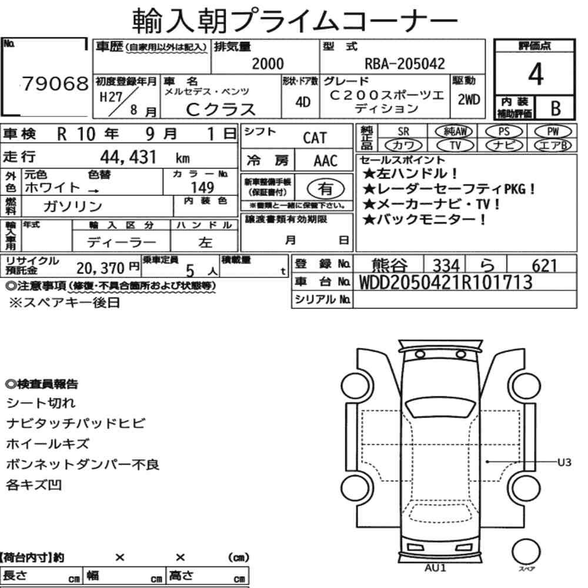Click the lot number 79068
(x=55, y=83)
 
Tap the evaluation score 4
(x=536, y=74)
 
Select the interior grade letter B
(x=556, y=108)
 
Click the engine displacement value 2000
(x=268, y=64)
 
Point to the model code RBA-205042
(x=405, y=64)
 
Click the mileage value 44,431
(x=128, y=157)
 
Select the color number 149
(x=202, y=187)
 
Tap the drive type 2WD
(x=469, y=99)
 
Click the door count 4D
(x=303, y=102)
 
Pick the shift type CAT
(x=315, y=138)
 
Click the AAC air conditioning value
(x=326, y=161)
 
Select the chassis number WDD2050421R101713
(x=446, y=282)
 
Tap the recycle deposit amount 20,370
(x=100, y=268)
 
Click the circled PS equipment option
(x=504, y=132)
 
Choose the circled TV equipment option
(x=455, y=145)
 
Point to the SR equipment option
(x=403, y=132)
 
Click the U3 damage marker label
(x=564, y=462)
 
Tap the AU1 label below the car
(x=435, y=568)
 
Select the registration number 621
(x=544, y=266)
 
